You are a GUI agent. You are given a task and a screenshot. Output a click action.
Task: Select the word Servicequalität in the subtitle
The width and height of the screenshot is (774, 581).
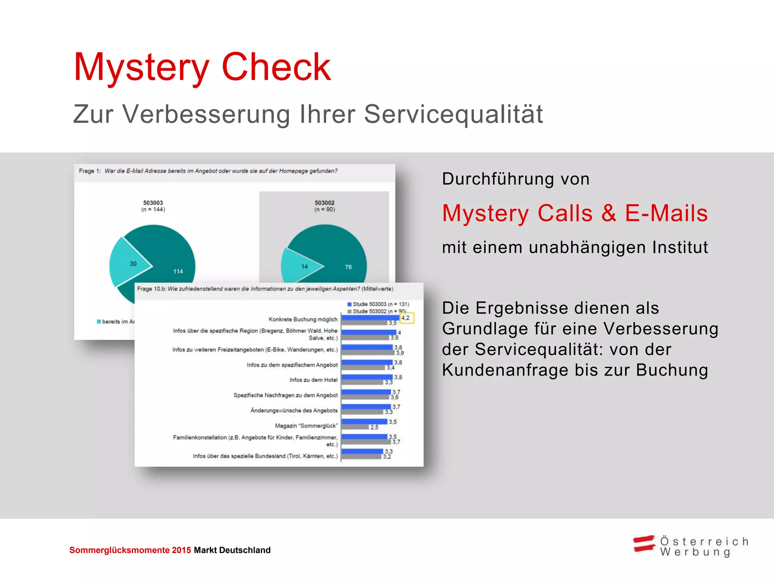coord(453,114)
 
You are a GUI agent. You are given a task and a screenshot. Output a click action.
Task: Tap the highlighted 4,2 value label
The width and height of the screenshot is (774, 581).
coord(406,318)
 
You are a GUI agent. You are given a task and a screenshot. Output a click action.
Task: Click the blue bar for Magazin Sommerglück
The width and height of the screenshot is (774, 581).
coord(364,421)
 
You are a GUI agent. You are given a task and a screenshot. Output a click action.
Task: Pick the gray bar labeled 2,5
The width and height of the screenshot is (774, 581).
coord(355,427)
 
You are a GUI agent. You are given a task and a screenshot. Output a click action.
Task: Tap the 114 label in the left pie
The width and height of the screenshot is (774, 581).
coord(178,272)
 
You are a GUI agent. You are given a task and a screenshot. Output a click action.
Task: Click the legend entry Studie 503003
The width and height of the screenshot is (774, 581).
coord(378,304)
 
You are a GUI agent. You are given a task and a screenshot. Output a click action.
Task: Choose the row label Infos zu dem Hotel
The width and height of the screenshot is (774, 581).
coord(313,380)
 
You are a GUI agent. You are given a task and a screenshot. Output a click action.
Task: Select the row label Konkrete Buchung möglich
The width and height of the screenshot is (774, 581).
coord(303,319)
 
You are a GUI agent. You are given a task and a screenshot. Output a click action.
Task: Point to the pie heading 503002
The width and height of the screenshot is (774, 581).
coord(324,203)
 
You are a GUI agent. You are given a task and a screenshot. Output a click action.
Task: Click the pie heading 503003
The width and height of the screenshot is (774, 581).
coord(153,203)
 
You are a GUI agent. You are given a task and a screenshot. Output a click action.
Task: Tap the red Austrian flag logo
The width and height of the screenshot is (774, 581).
coord(644,544)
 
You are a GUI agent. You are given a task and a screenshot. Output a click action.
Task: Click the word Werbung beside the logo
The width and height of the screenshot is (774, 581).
coord(695,552)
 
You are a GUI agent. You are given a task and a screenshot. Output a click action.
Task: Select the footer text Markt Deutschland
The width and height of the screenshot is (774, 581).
coord(232,550)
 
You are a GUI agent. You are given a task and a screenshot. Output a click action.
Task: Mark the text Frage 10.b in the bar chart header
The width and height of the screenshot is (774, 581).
coord(152,289)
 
